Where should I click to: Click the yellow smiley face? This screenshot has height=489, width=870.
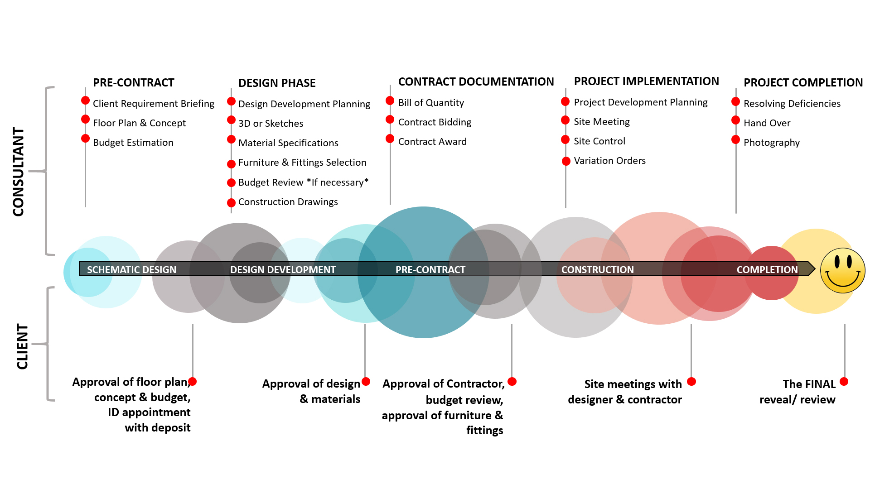(x=843, y=270)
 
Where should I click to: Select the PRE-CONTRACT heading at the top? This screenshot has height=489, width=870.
(x=134, y=82)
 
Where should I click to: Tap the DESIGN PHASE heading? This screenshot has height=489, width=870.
(x=277, y=83)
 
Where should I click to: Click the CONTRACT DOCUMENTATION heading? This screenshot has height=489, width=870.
(x=476, y=81)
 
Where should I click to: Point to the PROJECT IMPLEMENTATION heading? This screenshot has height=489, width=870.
(x=646, y=81)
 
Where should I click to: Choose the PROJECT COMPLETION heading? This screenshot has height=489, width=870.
(x=803, y=82)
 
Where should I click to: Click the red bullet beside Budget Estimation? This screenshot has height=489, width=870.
(x=85, y=138)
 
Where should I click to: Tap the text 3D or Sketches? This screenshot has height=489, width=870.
(x=271, y=123)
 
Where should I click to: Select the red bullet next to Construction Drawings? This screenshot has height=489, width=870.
(x=231, y=202)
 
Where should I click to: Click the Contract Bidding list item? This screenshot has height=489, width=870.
(x=435, y=122)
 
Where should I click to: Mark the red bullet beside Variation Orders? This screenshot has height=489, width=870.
(x=566, y=161)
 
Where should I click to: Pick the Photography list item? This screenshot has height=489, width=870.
(x=772, y=143)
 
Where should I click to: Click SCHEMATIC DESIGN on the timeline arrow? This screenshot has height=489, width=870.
(x=131, y=269)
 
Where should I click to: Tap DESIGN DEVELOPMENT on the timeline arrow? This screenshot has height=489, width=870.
(x=283, y=269)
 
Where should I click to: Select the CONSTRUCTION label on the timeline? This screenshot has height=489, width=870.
(x=597, y=269)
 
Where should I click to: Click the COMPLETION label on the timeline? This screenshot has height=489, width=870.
(x=767, y=269)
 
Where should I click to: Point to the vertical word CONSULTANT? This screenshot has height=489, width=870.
(x=19, y=172)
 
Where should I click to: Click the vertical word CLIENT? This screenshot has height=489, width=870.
(x=22, y=346)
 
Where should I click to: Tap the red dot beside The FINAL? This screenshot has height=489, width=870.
(x=844, y=381)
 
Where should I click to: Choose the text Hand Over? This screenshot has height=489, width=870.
(x=767, y=123)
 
